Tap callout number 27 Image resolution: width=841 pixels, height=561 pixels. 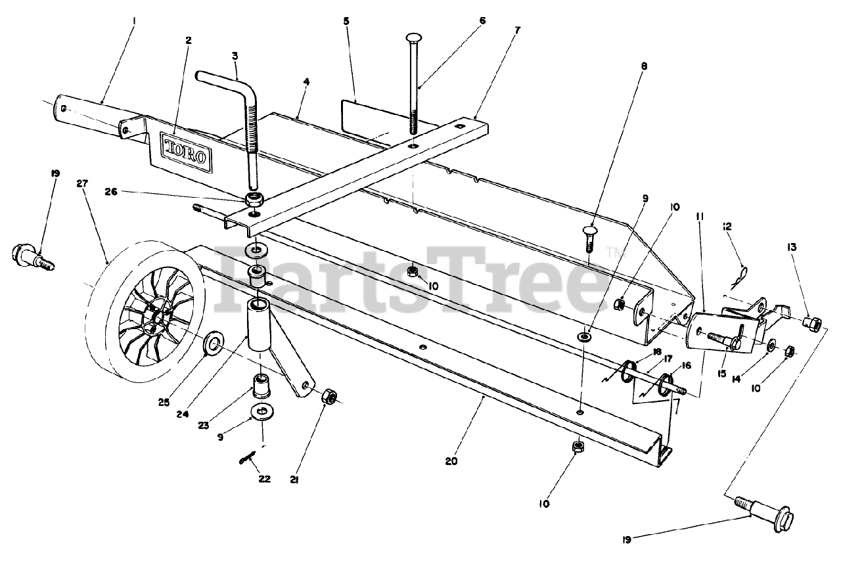(x=81, y=184)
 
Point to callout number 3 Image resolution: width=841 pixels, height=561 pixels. (x=234, y=56)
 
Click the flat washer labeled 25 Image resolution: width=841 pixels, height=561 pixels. (x=214, y=342)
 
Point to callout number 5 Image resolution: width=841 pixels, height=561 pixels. (x=346, y=21)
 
